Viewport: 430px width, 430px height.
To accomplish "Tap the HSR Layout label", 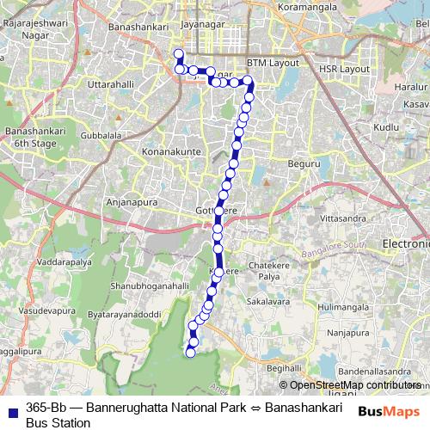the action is tap(343, 68).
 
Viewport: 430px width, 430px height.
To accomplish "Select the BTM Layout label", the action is tap(273, 63).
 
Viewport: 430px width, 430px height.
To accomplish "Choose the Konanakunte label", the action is tap(169, 151).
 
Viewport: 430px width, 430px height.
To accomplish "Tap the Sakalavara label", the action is tap(267, 302).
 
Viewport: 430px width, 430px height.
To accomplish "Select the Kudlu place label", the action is tap(387, 126).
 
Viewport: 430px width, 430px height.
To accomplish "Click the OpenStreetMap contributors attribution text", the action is tap(355, 385).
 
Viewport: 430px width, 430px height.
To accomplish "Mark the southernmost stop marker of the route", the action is tap(191, 351).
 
